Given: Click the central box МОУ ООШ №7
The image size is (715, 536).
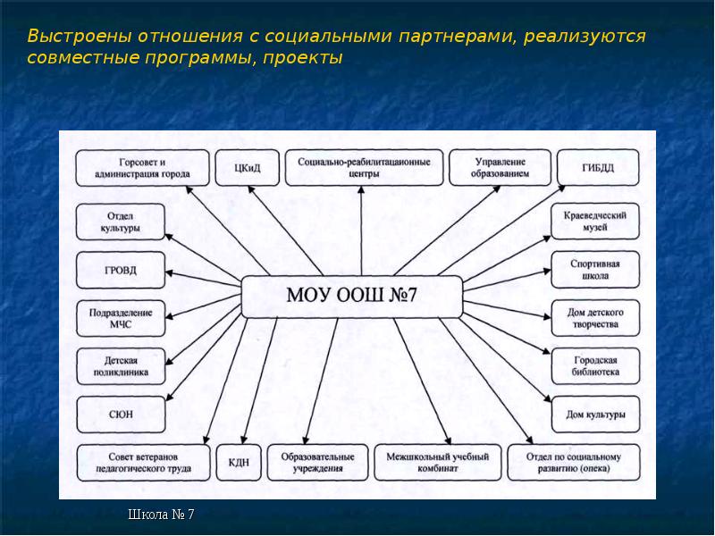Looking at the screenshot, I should (352, 296).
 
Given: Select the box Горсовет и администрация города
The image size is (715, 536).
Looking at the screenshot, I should (143, 167).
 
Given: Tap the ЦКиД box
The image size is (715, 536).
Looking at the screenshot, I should (245, 167).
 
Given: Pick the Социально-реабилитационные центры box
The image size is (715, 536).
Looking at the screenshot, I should (364, 167).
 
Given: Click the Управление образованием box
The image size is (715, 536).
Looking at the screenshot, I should (500, 167).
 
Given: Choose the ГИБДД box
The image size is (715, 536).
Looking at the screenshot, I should (598, 167).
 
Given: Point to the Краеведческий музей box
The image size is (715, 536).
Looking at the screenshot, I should (595, 222).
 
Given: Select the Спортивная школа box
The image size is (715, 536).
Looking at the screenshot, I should (595, 270).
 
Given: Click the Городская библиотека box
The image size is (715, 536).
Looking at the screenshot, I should (595, 366).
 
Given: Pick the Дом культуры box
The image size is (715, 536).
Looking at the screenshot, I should (595, 415).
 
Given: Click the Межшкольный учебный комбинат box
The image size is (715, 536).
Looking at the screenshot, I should (438, 462).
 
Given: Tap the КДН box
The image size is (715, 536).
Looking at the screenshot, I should (238, 463).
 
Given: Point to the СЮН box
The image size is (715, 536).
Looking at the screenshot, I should (120, 415).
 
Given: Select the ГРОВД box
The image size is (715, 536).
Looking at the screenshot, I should (120, 270).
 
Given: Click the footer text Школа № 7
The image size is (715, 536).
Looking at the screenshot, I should (161, 515).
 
